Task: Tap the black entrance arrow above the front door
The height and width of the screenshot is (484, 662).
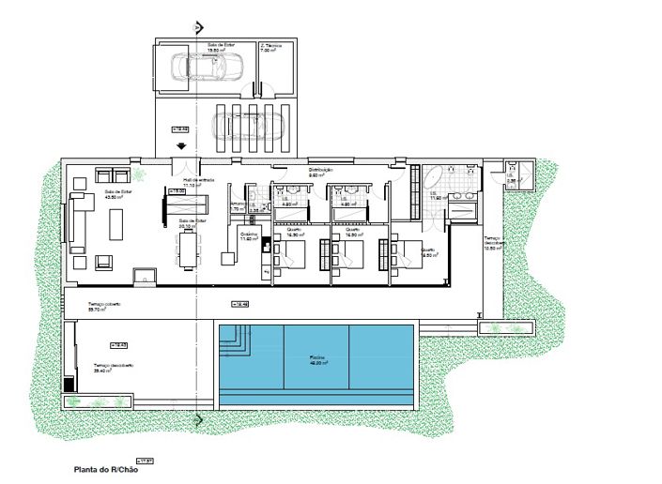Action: [180, 145]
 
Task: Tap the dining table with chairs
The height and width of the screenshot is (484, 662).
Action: [190, 250]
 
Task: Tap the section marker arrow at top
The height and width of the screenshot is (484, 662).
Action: [195, 28]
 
